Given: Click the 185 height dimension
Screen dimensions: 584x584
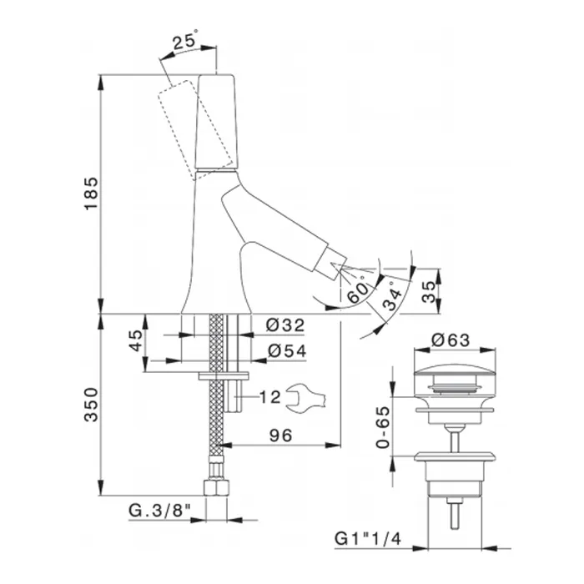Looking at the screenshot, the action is click(91, 194).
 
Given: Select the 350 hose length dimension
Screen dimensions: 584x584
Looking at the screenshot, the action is click(91, 405).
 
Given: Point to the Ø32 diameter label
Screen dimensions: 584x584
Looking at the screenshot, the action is click(285, 325).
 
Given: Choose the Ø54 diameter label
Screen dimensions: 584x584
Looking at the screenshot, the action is click(287, 351).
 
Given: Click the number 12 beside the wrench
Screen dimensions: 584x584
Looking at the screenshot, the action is click(269, 397).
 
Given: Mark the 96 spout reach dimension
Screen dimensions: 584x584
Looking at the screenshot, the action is click(281, 435).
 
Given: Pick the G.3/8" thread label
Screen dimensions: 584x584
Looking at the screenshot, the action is click(160, 511).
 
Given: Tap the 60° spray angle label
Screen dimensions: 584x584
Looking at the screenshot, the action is click(358, 290).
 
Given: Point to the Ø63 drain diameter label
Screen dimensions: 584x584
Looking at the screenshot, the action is click(451, 340).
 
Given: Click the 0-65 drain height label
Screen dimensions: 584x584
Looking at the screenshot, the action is click(382, 427).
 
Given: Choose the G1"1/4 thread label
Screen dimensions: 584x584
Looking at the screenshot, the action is click(368, 539).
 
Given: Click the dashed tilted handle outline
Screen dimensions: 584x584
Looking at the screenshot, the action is click(195, 128).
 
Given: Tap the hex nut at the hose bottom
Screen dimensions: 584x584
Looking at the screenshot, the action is click(216, 488).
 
